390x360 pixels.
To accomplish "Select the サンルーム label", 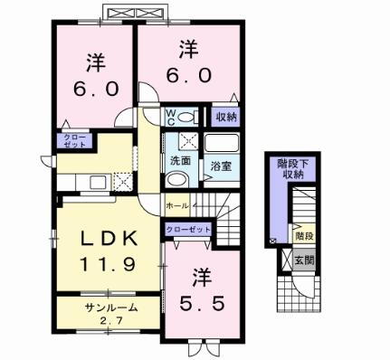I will [111, 307].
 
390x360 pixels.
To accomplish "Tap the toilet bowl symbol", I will [186, 117].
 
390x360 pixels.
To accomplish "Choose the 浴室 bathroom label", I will [222, 166].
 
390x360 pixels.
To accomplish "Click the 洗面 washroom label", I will [179, 160].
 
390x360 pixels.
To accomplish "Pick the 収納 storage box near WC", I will [225, 118].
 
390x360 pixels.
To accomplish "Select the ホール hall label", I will [176, 206].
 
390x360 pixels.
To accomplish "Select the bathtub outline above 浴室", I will [221, 143].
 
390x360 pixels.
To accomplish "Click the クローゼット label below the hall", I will [188, 231].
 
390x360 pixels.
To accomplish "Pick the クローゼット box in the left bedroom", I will [71, 140].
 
